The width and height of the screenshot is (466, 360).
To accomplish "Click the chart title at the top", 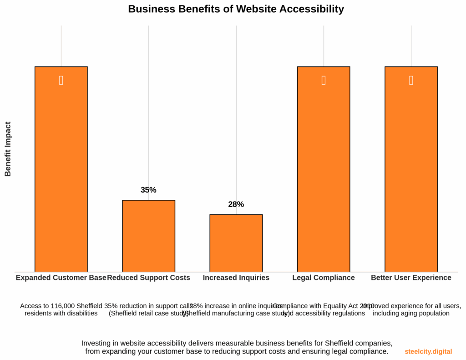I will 236,9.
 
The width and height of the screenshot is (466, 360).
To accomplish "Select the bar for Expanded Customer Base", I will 61,173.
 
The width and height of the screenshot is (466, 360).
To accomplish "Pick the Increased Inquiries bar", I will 236,243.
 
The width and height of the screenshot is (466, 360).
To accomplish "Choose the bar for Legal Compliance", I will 324,173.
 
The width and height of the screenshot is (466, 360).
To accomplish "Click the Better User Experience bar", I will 411,173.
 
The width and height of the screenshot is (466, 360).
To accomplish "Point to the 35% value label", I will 148,190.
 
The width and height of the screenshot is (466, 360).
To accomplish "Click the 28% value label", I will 236,204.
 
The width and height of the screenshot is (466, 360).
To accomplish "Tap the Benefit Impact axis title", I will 8,149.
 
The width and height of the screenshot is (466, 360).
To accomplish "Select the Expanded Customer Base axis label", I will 61,278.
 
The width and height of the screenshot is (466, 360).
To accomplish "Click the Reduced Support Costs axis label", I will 148,278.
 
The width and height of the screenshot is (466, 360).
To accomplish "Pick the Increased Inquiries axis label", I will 236,278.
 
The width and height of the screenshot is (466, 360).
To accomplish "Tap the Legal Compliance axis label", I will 324,278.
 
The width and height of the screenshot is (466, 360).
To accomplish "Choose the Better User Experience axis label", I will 411,278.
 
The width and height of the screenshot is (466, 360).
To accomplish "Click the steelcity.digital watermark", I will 428,352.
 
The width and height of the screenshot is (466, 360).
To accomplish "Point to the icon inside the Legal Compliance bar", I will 324,80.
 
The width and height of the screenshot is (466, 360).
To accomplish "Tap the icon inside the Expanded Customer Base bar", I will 61,80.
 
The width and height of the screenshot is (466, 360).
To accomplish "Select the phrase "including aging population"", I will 411,313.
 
